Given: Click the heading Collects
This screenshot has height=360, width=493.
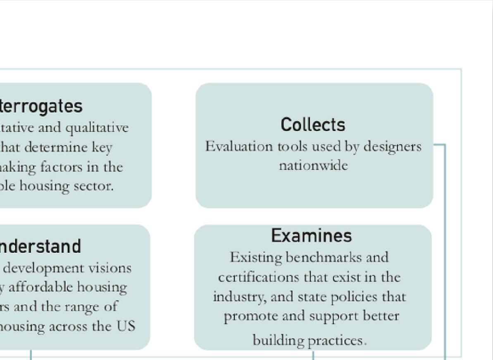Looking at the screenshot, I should pos(313,125).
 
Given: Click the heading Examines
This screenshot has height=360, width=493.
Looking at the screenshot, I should pos(312,236).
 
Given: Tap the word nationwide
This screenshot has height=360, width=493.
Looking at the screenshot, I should pos(313,165).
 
